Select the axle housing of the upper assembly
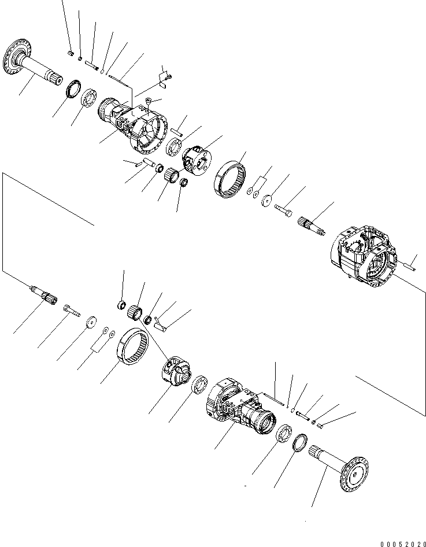pos(133,124)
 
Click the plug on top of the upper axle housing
pos(147,104)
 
